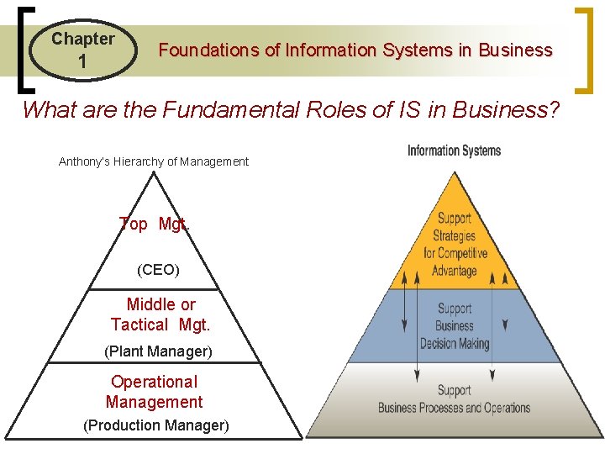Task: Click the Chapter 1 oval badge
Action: tap(83, 50)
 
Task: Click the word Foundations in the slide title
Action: tap(209, 50)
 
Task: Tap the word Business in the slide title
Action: tap(515, 50)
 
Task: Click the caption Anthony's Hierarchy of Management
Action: tap(154, 161)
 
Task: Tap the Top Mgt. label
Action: tap(154, 224)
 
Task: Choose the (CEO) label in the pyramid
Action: tap(158, 271)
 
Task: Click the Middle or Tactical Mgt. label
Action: tap(160, 314)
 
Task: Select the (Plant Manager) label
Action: tap(158, 350)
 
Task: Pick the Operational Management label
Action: tap(155, 392)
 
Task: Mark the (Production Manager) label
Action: tap(156, 425)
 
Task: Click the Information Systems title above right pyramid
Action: tap(454, 151)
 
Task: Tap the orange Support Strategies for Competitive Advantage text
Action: tap(455, 245)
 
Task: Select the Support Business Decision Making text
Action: tap(455, 326)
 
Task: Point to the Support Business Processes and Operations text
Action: tap(455, 399)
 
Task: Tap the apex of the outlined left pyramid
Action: tap(153, 174)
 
